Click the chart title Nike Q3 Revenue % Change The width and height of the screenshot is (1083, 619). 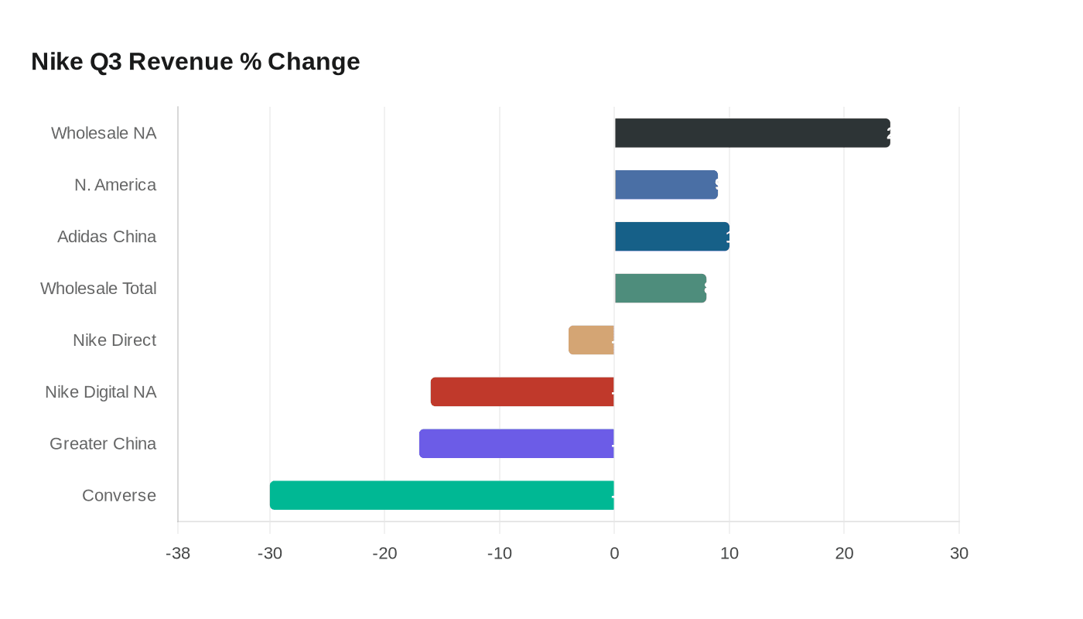(x=196, y=61)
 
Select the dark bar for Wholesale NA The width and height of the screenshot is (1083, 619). (x=752, y=133)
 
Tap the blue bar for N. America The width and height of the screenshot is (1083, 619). (x=666, y=185)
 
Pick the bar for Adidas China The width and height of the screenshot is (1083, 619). (x=671, y=237)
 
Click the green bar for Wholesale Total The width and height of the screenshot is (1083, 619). (x=660, y=288)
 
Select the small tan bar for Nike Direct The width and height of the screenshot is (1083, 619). (x=592, y=340)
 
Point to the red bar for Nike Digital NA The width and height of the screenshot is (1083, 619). (x=522, y=392)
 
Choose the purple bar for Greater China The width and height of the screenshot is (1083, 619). (x=517, y=443)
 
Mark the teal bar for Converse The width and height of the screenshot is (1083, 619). (x=442, y=495)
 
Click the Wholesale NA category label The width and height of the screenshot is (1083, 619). (x=104, y=133)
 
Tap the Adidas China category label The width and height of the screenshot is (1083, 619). (x=107, y=237)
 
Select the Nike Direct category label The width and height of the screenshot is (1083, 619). (x=114, y=340)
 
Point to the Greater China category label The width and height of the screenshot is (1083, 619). (x=103, y=443)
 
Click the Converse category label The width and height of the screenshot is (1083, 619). (x=119, y=495)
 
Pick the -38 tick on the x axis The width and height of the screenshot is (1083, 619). (x=178, y=554)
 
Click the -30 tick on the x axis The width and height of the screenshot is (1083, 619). (x=270, y=554)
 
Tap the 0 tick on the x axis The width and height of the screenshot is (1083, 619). (x=614, y=554)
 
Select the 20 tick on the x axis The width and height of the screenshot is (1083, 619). (x=844, y=554)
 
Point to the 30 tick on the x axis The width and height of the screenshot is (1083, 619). (x=959, y=554)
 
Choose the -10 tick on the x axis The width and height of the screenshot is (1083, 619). (x=500, y=554)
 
